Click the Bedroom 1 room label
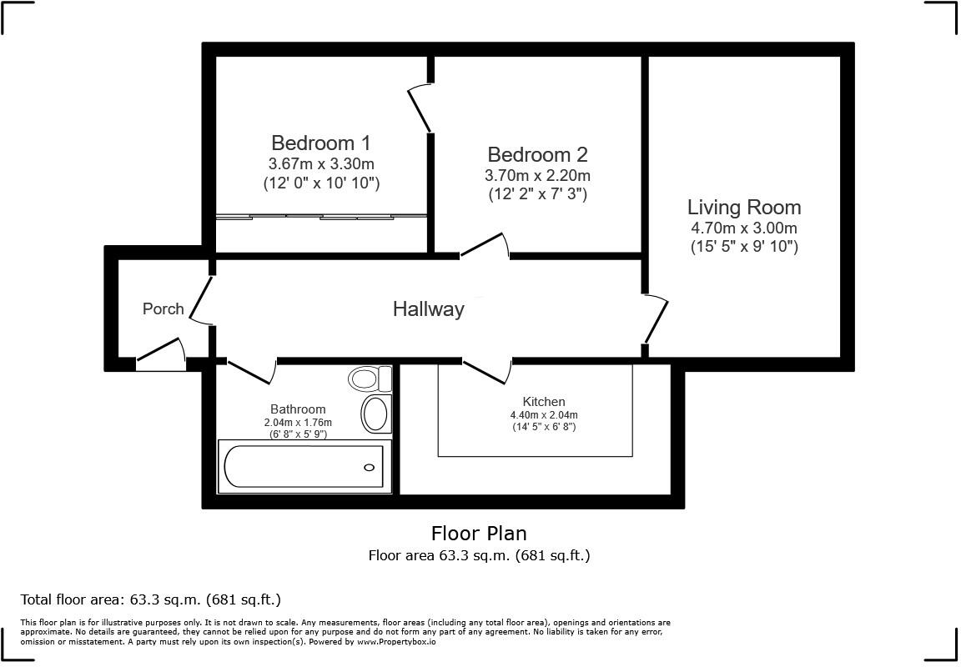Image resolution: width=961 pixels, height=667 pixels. [x=320, y=143]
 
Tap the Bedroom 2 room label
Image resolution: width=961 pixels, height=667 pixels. [x=537, y=154]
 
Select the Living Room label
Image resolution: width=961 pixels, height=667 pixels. [x=744, y=207]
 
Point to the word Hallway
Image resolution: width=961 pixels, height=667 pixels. [x=429, y=309]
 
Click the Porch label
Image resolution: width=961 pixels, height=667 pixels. [x=163, y=308]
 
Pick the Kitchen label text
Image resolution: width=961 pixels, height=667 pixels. [x=544, y=402]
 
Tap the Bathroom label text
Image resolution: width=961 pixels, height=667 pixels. [x=298, y=409]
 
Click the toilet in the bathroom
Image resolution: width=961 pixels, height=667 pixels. [x=370, y=379]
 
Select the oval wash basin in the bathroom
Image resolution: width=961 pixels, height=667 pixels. [x=375, y=414]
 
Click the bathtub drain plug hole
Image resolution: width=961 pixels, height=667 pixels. [x=369, y=468]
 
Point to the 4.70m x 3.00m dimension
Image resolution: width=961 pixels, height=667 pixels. [x=744, y=228]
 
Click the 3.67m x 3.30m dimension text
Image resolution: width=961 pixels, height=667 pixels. [x=321, y=164]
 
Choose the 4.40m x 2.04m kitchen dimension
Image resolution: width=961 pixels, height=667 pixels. [x=544, y=415]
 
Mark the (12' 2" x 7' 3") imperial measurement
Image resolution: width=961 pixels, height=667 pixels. [x=537, y=194]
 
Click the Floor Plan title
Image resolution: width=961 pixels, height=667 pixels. [x=480, y=534]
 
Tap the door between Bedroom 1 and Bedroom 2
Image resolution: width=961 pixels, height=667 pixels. [x=420, y=108]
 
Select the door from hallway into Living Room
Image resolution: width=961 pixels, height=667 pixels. [x=655, y=318]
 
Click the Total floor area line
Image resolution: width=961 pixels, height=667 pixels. [x=151, y=599]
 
